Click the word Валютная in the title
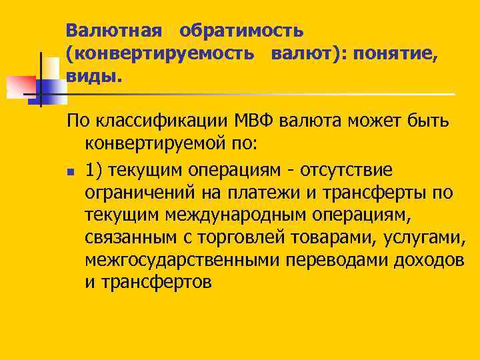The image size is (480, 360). (114, 31)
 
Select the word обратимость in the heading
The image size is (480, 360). (241, 31)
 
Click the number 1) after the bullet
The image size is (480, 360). (96, 169)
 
